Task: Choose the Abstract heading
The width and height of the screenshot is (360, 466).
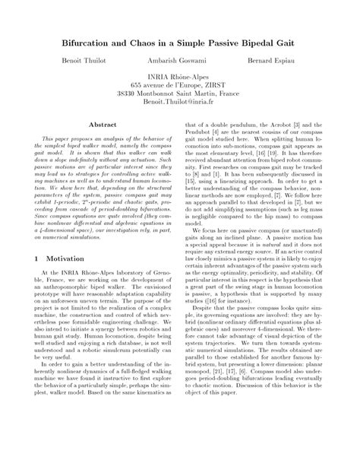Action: [x=103, y=123]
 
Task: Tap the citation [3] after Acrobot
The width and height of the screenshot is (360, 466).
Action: [x=301, y=123]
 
